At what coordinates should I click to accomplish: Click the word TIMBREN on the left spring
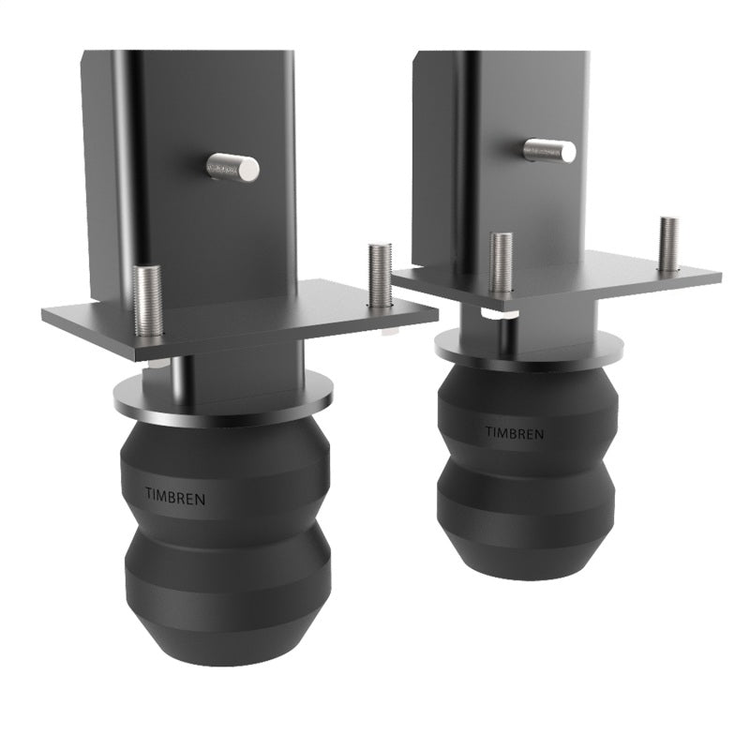click(174, 496)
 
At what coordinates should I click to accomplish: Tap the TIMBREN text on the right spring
click(512, 432)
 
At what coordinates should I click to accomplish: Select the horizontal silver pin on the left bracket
click(232, 168)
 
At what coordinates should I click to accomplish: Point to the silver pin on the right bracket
click(550, 150)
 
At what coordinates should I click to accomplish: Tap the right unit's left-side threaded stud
click(502, 263)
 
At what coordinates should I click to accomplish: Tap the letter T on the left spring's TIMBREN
click(149, 494)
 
